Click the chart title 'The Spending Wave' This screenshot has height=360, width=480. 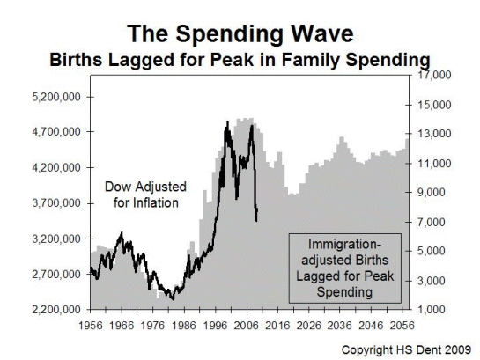pyautogui.click(x=240, y=33)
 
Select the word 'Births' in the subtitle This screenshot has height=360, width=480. pyautogui.click(x=77, y=60)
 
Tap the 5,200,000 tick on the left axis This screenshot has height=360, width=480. pyautogui.click(x=56, y=98)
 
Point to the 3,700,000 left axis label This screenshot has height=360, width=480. pyautogui.click(x=56, y=203)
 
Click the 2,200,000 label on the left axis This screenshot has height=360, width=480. pyautogui.click(x=56, y=309)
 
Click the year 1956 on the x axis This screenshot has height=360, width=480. pyautogui.click(x=91, y=326)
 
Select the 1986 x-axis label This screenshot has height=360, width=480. pyautogui.click(x=184, y=326)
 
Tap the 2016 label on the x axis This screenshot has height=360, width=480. pyautogui.click(x=277, y=326)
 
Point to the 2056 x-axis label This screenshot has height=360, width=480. pyautogui.click(x=402, y=326)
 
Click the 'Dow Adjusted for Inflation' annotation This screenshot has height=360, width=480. pyautogui.click(x=145, y=195)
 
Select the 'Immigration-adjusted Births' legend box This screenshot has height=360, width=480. pyautogui.click(x=345, y=268)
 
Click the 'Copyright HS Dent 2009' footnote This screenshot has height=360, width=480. pyautogui.click(x=406, y=349)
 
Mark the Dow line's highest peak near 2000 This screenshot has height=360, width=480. pyautogui.click(x=227, y=121)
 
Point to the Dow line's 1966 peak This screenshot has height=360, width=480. pyautogui.click(x=122, y=232)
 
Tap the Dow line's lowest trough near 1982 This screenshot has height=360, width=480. pyautogui.click(x=173, y=299)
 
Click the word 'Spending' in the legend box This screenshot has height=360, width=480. pyautogui.click(x=344, y=292)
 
